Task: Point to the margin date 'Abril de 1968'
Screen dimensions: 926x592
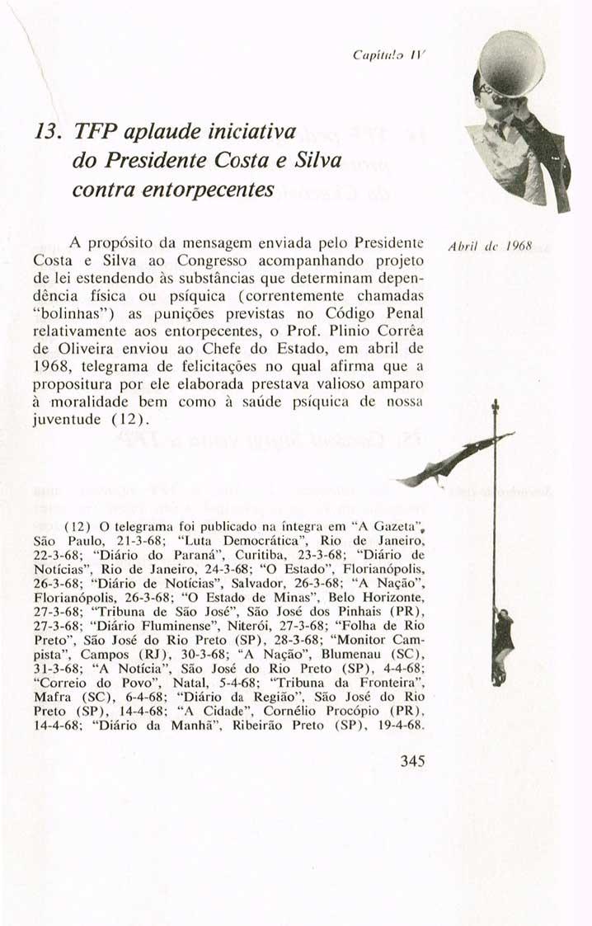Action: pyautogui.click(x=478, y=245)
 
